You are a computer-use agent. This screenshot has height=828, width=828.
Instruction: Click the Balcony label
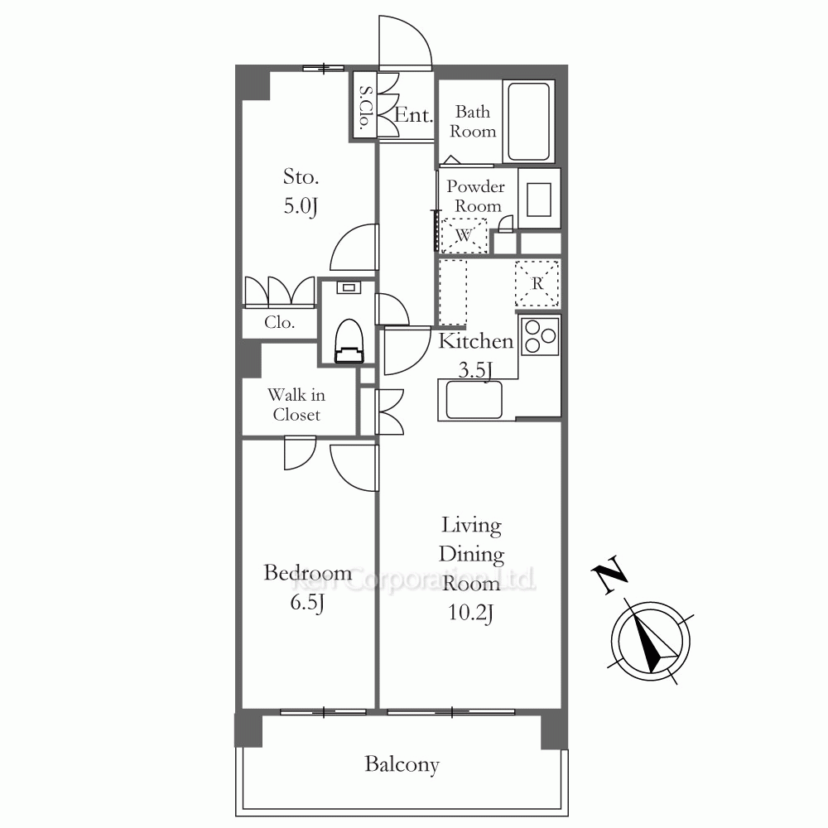pyautogui.click(x=402, y=765)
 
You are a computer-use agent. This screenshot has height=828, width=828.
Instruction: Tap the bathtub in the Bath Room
pyautogui.click(x=528, y=122)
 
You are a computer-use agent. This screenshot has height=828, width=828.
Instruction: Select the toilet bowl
pyautogui.click(x=349, y=341)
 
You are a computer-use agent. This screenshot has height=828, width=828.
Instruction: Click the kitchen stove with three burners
pyautogui.click(x=540, y=336)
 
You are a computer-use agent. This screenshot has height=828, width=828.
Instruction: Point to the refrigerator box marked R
pyautogui.click(x=537, y=283)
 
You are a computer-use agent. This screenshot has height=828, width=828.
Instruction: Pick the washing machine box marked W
pyautogui.click(x=464, y=235)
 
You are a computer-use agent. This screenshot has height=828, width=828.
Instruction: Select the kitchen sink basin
pyautogui.click(x=474, y=400)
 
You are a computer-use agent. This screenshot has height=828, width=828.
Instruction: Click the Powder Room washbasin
pyautogui.click(x=539, y=199)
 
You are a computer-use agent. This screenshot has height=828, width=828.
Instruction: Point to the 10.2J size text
pyautogui.click(x=470, y=614)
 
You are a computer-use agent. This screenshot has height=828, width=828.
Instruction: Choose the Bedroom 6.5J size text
pyautogui.click(x=307, y=603)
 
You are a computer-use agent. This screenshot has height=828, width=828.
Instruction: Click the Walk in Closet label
pyautogui.click(x=296, y=405)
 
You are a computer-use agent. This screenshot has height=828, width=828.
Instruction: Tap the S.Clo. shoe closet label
pyautogui.click(x=365, y=108)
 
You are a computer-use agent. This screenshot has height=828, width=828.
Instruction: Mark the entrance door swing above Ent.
pyautogui.click(x=405, y=43)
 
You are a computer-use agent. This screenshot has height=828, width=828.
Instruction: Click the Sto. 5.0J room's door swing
pyautogui.click(x=354, y=247)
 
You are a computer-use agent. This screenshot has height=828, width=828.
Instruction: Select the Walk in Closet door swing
pyautogui.click(x=300, y=453)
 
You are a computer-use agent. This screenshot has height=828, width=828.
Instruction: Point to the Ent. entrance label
pyautogui.click(x=413, y=115)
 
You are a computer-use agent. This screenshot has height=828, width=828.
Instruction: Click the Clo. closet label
pyautogui.click(x=279, y=322)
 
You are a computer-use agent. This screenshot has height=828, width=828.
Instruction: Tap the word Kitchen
pyautogui.click(x=476, y=341)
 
